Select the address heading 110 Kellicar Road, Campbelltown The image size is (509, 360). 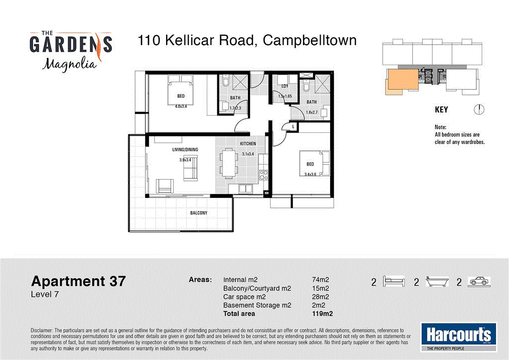click(247, 40)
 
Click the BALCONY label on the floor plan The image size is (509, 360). click(198, 213)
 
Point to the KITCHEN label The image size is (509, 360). click(248, 144)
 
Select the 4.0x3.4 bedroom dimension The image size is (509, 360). click(181, 105)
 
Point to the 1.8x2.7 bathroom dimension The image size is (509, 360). click(311, 112)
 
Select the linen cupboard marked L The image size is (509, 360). click(294, 127)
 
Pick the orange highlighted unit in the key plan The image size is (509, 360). click(400, 81)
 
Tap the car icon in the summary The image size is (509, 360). click(480, 282)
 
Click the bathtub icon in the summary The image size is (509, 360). click(437, 282)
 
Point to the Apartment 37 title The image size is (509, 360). click(79, 281)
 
